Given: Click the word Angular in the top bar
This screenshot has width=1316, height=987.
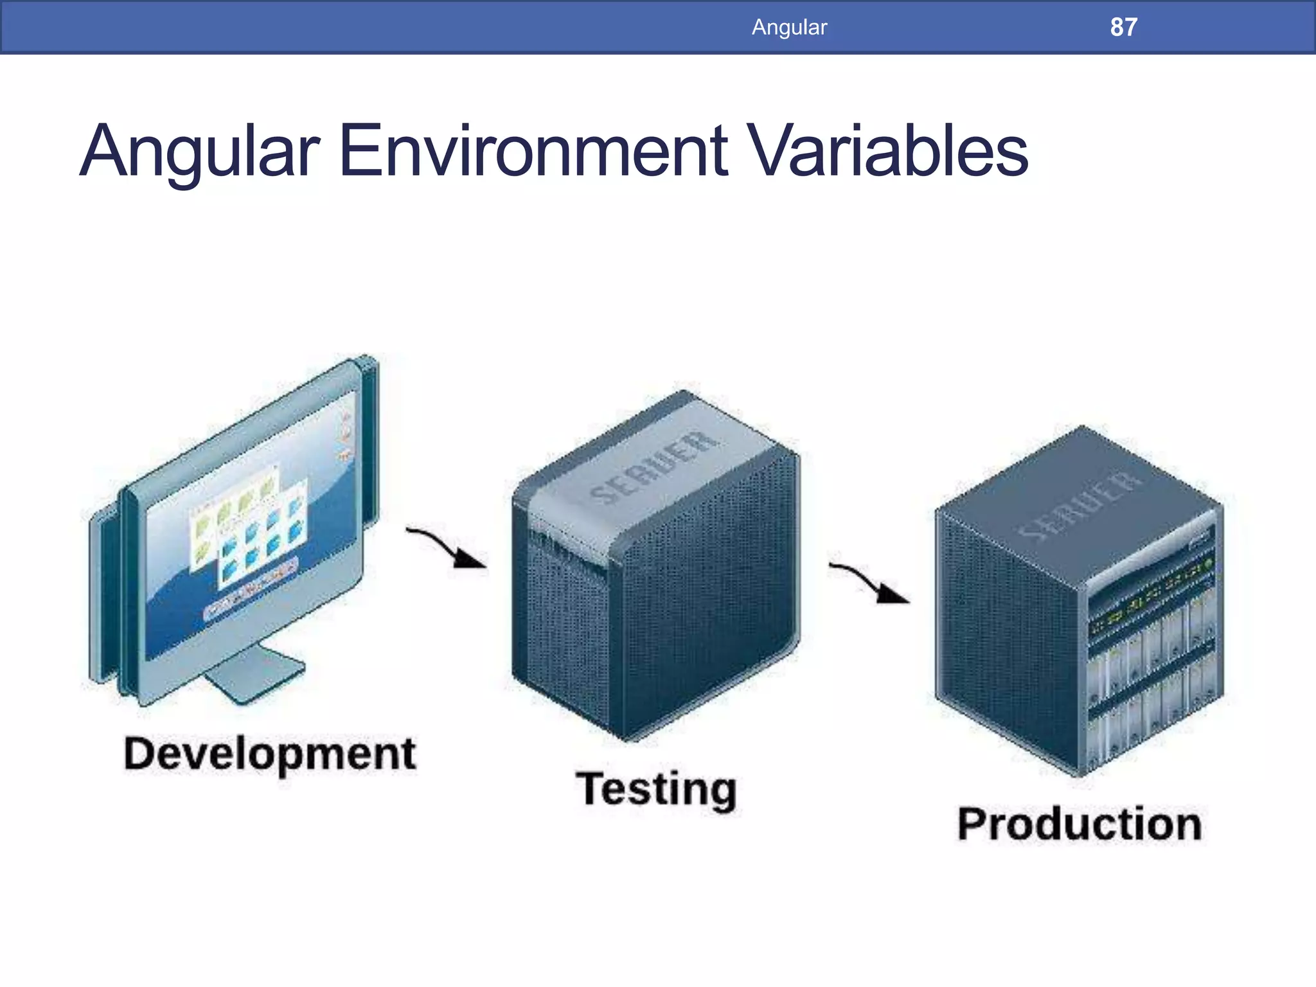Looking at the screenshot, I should tap(789, 27).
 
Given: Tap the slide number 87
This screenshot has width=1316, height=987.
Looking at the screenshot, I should tap(1123, 27).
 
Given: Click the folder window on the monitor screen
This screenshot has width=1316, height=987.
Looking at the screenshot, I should tap(247, 527).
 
